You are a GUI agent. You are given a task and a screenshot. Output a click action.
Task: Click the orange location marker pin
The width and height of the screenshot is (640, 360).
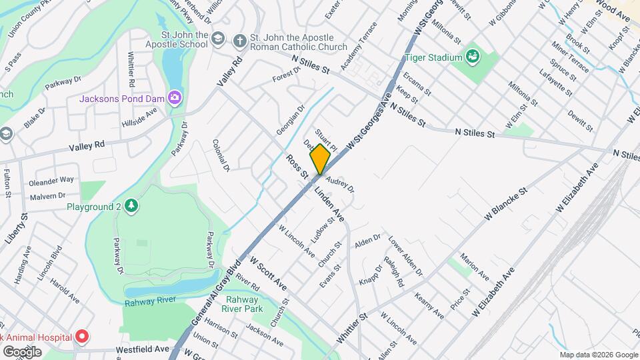(x=320, y=159)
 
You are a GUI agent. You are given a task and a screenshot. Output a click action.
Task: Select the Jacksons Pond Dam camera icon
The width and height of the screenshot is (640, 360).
(x=175, y=99)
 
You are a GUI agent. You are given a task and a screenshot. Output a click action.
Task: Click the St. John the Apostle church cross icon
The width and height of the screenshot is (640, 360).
(x=239, y=41)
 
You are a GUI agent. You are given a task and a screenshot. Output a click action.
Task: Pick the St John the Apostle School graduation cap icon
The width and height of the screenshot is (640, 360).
(x=218, y=41)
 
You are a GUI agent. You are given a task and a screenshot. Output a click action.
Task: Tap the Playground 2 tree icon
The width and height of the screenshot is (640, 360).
(x=132, y=206)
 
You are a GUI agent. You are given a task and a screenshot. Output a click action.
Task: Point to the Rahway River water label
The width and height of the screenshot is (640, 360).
(x=150, y=300)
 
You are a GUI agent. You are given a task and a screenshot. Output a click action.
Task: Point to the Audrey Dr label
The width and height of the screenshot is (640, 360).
(x=339, y=185)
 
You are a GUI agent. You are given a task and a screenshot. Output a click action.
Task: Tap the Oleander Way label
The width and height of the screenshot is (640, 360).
(x=51, y=180)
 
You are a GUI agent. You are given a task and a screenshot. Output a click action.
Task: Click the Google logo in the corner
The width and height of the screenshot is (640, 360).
(x=22, y=351)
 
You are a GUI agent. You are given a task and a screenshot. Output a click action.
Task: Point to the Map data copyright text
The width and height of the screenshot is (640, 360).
(x=598, y=355)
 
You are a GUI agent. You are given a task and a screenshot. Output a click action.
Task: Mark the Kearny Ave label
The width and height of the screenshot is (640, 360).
(x=429, y=305)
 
